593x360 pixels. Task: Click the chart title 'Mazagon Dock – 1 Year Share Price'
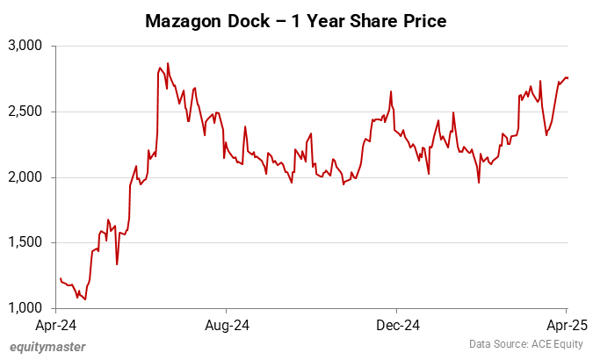coord(296,20)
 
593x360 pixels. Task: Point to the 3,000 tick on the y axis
coord(26,45)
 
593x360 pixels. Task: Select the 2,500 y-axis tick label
coord(26,112)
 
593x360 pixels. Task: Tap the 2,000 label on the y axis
coord(26,177)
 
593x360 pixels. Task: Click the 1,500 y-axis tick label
coord(26,243)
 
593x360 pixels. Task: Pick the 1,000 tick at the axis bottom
coord(26,308)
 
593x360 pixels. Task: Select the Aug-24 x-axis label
coord(227,325)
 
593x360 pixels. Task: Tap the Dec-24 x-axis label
coord(396,325)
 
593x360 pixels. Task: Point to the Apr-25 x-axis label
coord(567,325)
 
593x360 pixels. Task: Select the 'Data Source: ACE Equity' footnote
coord(524,344)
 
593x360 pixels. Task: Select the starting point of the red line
coord(60,278)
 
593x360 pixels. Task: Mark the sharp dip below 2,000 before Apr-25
coord(479,183)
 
